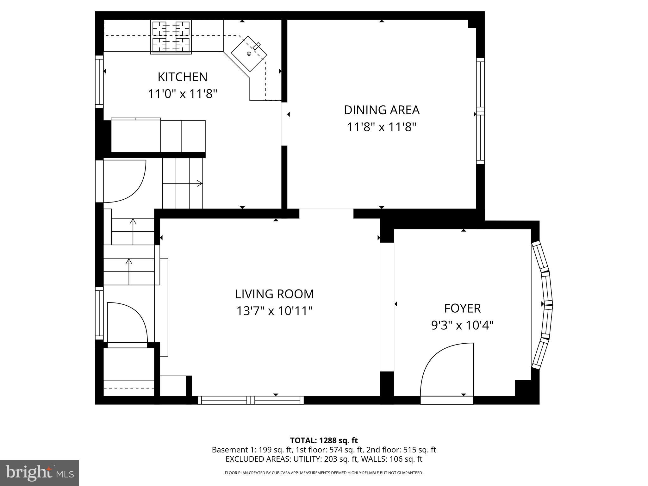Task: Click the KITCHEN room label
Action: (183, 77)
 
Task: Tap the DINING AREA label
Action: (382, 110)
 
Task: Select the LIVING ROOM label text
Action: (274, 294)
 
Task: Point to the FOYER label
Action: (462, 308)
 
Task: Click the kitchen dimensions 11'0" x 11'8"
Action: (183, 94)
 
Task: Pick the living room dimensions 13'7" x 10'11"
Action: (274, 311)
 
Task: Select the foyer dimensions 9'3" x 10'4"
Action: (462, 325)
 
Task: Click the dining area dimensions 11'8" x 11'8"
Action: (382, 127)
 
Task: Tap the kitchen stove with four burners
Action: (171, 37)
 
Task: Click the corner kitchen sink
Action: (249, 53)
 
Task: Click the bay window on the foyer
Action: (542, 305)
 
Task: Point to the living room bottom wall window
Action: (251, 400)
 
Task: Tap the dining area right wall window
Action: (480, 111)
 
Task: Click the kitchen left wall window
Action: (99, 82)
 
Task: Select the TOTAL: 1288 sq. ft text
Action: (324, 440)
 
